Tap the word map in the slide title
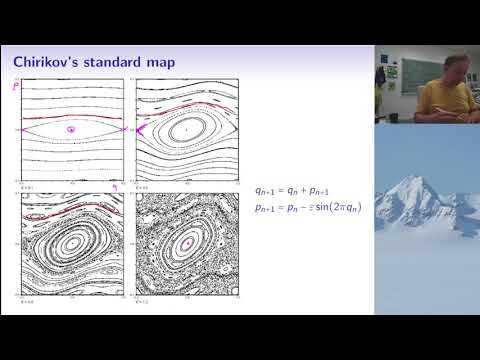pyautogui.click(x=159, y=63)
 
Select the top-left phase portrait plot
pyautogui.click(x=71, y=130)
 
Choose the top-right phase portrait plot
pyautogui.click(x=186, y=130)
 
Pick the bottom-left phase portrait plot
pyautogui.click(x=71, y=244)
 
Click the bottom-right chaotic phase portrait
pyautogui.click(x=186, y=244)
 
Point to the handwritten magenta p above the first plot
pyautogui.click(x=16, y=88)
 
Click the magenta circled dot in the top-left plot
pyautogui.click(x=70, y=130)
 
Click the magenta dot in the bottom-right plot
pyautogui.click(x=186, y=243)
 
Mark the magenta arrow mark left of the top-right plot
pyautogui.click(x=141, y=128)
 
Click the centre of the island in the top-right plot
pyautogui.click(x=186, y=130)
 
